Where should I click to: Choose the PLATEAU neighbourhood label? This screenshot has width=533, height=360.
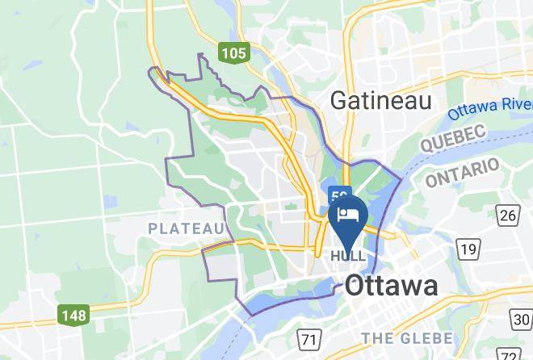pos(186,229)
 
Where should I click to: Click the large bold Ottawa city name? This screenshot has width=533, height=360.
pos(392,285)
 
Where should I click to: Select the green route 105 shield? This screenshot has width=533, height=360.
pos(233,53)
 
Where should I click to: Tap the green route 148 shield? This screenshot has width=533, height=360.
pos(73,314)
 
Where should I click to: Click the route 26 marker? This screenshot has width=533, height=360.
pos(507,215)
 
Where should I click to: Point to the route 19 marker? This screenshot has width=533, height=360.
pos(467,249)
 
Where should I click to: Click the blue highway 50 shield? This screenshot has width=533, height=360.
pos(340,195)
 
